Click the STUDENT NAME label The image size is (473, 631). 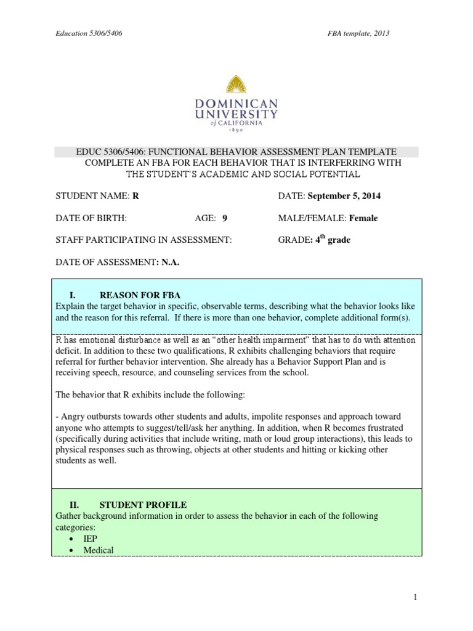coord(92,196)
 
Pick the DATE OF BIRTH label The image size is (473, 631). coord(91,218)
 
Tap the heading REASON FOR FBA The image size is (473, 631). coord(140,295)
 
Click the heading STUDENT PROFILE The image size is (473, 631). coord(143,504)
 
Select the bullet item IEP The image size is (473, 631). coord(91,539)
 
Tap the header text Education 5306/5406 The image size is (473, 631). coord(89,33)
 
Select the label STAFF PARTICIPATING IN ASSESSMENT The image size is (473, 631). coord(144,240)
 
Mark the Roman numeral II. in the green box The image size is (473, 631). coord(74,504)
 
